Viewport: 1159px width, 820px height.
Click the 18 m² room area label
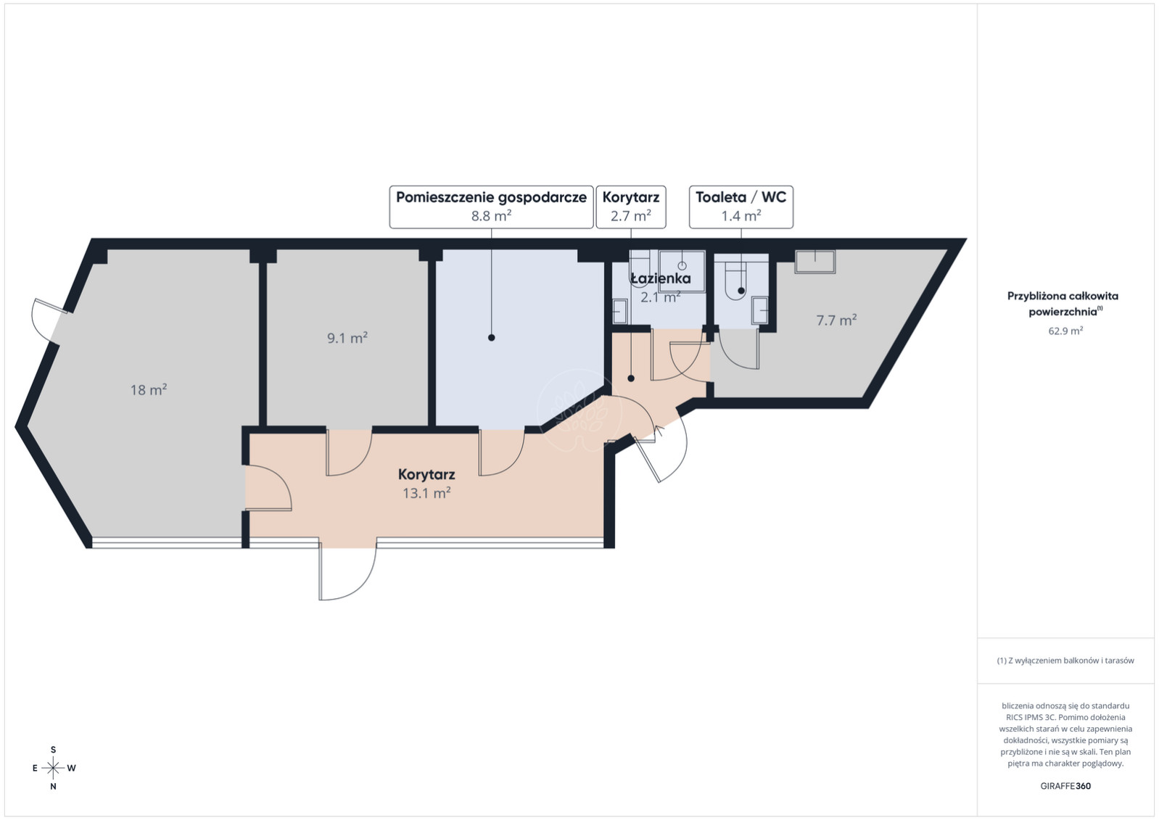click(149, 389)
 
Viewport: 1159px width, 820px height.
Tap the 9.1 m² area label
click(347, 338)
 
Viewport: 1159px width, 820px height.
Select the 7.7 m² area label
click(836, 320)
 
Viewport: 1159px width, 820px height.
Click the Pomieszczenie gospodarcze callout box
click(491, 207)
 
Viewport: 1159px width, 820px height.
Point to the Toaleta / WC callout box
click(741, 207)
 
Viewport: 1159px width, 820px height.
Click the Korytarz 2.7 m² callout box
click(631, 207)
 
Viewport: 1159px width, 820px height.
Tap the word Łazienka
click(661, 278)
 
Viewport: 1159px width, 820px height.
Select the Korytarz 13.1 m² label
click(426, 484)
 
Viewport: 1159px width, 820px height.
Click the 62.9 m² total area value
click(1065, 331)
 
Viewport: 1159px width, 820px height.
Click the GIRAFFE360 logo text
click(1065, 786)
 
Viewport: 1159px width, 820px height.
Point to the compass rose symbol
click(53, 768)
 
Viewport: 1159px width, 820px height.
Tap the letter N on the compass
click(53, 787)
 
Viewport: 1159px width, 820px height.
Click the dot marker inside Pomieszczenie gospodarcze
click(491, 337)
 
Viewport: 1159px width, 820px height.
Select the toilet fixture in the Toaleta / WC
click(738, 281)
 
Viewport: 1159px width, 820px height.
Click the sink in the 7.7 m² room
click(815, 261)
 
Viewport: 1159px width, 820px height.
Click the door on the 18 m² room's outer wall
click(48, 320)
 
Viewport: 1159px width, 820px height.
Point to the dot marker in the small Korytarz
click(631, 378)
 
